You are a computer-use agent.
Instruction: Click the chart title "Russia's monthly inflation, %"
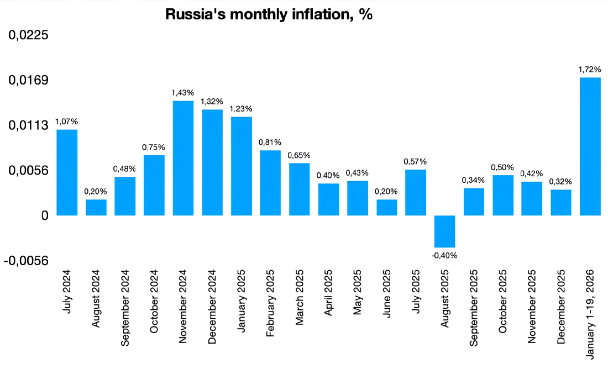[x=269, y=15]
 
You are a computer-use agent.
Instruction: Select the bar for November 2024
[x=183, y=158]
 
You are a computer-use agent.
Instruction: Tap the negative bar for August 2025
[x=444, y=231]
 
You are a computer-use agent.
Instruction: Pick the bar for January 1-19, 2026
[x=590, y=146]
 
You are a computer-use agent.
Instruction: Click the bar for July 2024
[x=67, y=172]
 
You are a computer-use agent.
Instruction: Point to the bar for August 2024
[x=96, y=207]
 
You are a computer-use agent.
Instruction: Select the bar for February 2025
[x=270, y=183]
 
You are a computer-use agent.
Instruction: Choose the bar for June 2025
[x=386, y=207]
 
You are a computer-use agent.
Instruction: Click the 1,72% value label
[x=590, y=70]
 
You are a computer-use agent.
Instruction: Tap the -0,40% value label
[x=444, y=255]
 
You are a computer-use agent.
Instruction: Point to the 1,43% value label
[x=183, y=93]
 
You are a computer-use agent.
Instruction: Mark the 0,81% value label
[x=270, y=142]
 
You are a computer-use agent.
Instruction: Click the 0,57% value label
[x=416, y=161]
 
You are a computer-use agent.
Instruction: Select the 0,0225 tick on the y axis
[x=28, y=35]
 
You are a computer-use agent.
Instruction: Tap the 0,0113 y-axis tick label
[x=28, y=125]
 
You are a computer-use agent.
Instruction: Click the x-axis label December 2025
[x=561, y=307]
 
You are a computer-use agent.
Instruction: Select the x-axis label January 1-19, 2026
[x=590, y=315]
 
